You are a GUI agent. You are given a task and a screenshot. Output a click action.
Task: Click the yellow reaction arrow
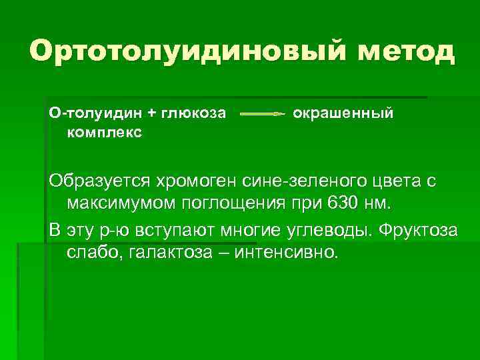[262, 114]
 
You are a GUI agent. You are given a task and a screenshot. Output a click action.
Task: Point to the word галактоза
[181, 252]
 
